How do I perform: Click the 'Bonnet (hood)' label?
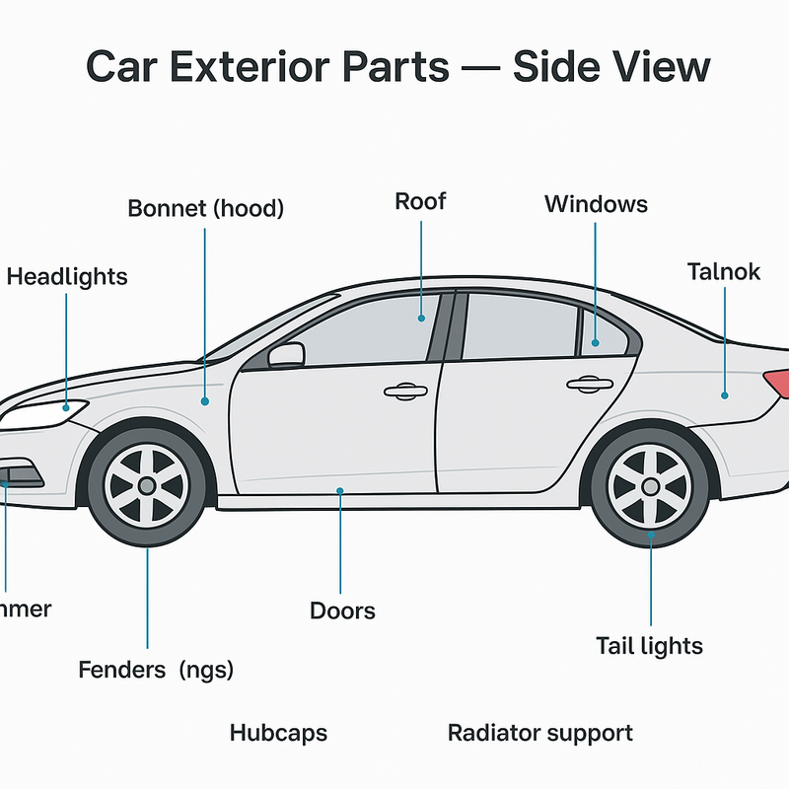point(205,209)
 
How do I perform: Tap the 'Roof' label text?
point(420,202)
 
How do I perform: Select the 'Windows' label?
point(596,204)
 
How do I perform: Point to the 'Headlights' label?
point(67,277)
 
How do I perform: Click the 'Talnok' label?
point(723,271)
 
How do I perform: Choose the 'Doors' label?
point(342,610)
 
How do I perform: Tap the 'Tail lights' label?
point(649,646)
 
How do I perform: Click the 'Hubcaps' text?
point(278,734)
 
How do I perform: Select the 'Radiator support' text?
point(539,734)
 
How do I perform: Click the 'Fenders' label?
point(122,671)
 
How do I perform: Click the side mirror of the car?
point(286,354)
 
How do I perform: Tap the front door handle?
point(400,392)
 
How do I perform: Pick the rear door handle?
point(590,383)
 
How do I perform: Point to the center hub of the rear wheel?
point(650,486)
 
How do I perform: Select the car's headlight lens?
point(39,411)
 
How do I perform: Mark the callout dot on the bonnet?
point(205,401)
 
